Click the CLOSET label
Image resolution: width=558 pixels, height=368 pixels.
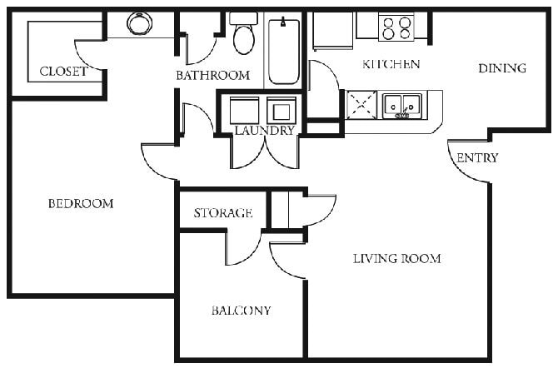click(63, 72)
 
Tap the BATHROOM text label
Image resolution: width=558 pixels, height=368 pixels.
click(212, 75)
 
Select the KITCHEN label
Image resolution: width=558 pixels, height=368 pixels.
click(391, 64)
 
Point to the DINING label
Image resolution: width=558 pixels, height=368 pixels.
click(502, 68)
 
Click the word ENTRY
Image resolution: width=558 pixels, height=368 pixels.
click(478, 157)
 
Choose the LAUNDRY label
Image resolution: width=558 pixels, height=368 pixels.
click(264, 131)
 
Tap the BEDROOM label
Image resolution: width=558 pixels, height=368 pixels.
click(80, 203)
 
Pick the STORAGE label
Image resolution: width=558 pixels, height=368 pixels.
click(222, 213)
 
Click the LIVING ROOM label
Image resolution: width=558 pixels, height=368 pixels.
click(396, 258)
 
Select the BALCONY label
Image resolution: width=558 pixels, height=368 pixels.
click(241, 311)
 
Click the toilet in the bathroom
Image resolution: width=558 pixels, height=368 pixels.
click(244, 35)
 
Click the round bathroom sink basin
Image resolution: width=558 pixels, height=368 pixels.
click(139, 23)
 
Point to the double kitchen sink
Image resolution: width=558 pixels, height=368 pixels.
click(401, 106)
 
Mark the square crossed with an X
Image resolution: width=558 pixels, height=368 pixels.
click(361, 106)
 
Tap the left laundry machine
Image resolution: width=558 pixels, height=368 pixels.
click(244, 110)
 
